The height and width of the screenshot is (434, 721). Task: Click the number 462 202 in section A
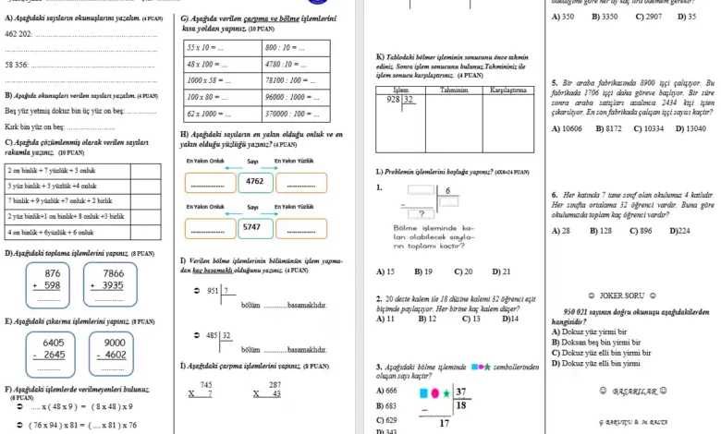tap(18, 33)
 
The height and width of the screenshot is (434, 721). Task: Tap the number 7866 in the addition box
tap(113, 273)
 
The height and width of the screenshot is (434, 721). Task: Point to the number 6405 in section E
tap(54, 343)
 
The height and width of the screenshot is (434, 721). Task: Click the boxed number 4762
tap(251, 183)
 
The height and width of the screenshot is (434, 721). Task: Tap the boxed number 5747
tap(251, 226)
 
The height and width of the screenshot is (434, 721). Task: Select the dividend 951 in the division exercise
tap(211, 291)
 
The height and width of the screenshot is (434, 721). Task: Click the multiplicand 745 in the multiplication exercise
tap(205, 384)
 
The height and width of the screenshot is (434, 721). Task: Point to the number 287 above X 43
tap(275, 384)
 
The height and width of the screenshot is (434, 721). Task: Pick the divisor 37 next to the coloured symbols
tap(460, 392)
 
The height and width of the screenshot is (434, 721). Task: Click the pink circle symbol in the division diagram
tap(433, 392)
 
